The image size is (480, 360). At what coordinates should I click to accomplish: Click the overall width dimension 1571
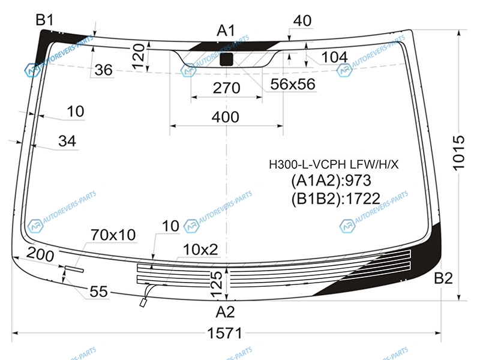pyautogui.click(x=225, y=333)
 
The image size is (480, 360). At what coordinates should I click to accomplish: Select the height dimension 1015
pyautogui.click(x=458, y=153)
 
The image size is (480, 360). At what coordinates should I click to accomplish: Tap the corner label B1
pyautogui.click(x=44, y=20)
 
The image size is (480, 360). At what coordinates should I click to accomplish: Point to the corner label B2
pyautogui.click(x=443, y=278)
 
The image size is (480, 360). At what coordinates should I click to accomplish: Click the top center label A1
pyautogui.click(x=226, y=31)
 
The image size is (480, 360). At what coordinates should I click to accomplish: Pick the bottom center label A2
pyautogui.click(x=225, y=312)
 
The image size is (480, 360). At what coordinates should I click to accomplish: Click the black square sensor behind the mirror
pyautogui.click(x=227, y=59)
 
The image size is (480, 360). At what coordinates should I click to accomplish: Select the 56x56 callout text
pyautogui.click(x=293, y=84)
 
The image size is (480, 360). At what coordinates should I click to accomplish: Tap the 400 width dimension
pyautogui.click(x=226, y=117)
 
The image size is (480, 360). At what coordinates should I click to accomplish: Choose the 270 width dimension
pyautogui.click(x=227, y=88)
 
